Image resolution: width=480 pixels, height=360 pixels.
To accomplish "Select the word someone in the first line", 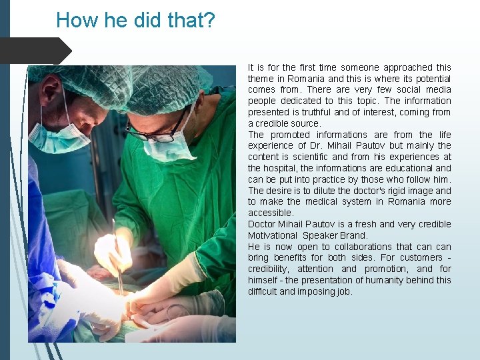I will click(359, 67).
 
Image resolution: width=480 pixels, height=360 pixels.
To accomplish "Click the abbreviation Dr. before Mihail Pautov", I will click(317, 145).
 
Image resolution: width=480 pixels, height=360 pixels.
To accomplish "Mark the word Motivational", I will click(273, 235).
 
